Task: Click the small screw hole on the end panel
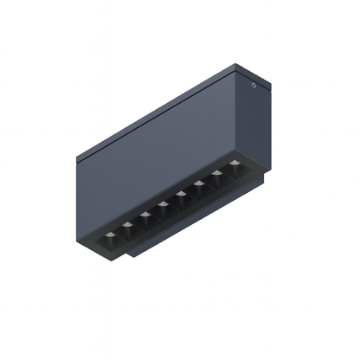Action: tap(253, 86)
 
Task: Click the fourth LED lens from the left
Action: tap(164, 205)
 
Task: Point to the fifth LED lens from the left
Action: tap(182, 196)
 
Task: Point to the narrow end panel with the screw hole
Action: tap(251, 121)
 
